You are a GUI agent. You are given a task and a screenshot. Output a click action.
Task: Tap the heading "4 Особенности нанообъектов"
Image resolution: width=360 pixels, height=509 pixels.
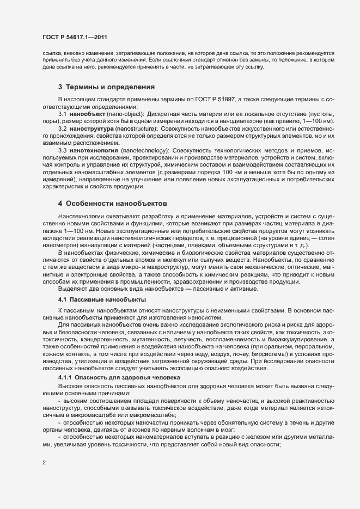tap(111, 203)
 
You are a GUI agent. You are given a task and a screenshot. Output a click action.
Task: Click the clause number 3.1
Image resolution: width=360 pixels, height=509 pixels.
tap(62, 113)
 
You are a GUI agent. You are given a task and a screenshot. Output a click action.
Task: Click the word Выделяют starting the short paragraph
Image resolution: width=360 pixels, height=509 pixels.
tap(72, 289)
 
